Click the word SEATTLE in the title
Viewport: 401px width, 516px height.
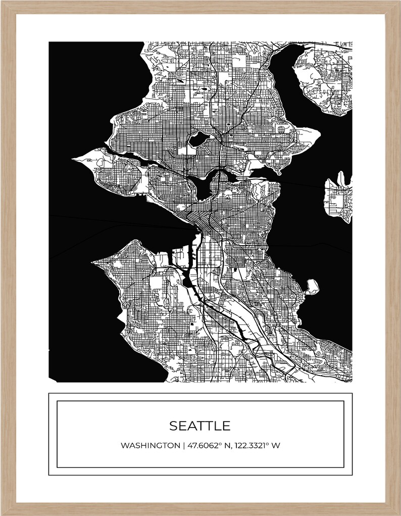click(199, 426)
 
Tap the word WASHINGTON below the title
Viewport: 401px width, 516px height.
click(149, 446)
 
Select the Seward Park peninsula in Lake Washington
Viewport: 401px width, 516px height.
click(312, 287)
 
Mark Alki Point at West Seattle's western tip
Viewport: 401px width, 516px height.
click(94, 262)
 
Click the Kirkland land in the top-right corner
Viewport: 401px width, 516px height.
click(323, 76)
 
